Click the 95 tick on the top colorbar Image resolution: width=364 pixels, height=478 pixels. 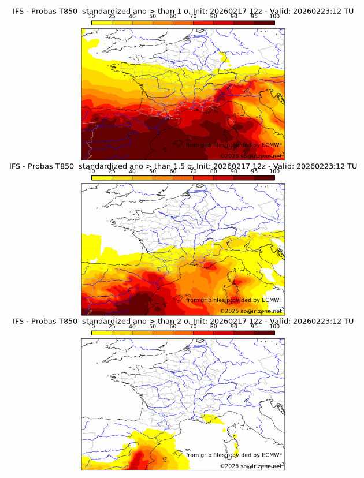(254, 17)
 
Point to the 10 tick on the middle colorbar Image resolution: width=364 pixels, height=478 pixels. (92, 171)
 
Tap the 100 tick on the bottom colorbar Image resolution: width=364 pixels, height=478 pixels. (274, 326)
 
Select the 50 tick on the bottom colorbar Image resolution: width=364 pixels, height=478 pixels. (153, 326)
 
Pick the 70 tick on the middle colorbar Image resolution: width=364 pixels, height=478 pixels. (193, 171)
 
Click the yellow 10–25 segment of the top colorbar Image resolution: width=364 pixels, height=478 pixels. (102, 23)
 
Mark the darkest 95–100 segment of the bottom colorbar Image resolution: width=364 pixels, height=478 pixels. (264, 332)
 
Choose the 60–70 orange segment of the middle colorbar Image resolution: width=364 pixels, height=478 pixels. (183, 177)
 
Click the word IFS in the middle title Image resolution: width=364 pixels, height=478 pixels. (19, 166)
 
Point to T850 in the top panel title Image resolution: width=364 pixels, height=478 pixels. (66, 10)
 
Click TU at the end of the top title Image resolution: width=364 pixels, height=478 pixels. (348, 10)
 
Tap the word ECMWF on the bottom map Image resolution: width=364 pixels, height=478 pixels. (272, 455)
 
